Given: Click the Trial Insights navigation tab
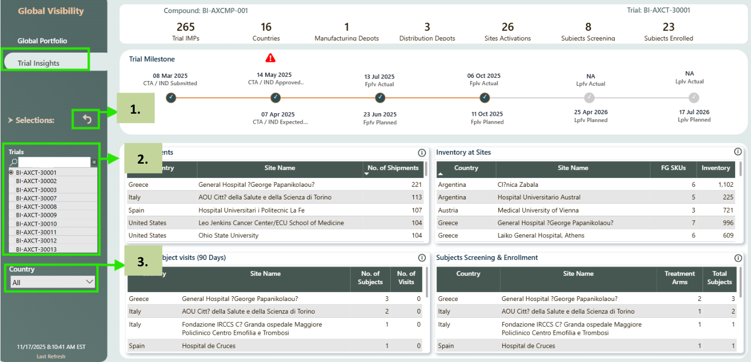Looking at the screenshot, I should [38, 63].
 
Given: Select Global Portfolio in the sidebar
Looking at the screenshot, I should [42, 41].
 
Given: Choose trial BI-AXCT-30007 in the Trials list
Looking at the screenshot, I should [36, 198].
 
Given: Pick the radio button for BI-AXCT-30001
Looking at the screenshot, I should [12, 173].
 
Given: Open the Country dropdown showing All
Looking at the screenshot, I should [53, 282].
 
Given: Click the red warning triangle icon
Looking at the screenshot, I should [271, 58].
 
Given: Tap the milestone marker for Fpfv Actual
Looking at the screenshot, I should [380, 97].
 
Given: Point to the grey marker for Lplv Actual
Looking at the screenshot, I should [694, 97].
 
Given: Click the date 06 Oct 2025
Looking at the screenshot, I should [483, 76].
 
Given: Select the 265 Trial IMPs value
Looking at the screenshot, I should [185, 27].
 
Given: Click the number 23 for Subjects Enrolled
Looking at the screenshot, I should [668, 27].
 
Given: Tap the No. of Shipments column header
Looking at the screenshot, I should [393, 168].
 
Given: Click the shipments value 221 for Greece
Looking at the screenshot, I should [417, 185].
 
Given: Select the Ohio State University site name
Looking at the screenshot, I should [228, 236].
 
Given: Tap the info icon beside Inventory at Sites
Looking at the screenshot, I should [737, 152].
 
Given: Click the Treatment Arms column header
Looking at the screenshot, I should [679, 277].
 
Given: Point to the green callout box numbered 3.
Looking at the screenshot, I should [143, 262].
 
